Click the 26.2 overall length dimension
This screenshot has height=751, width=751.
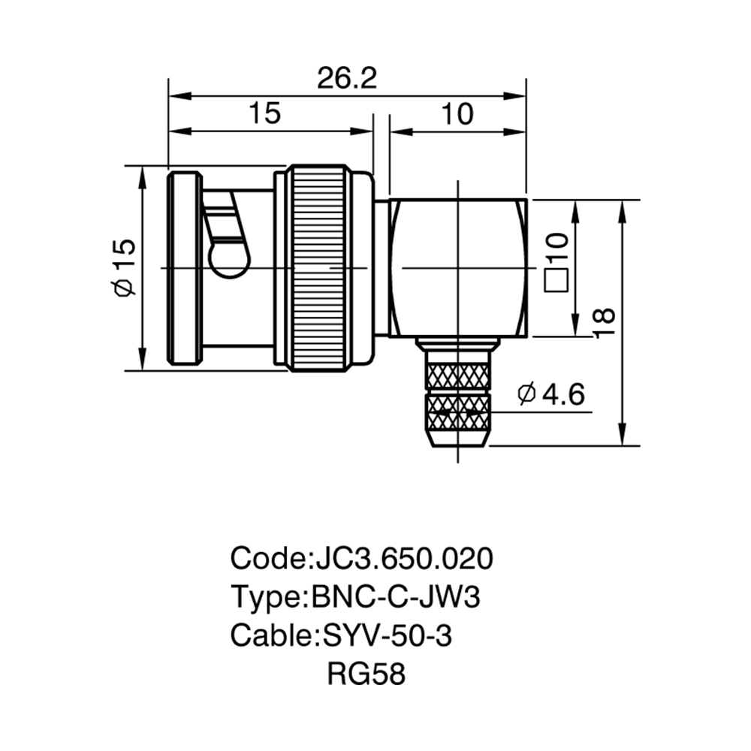(x=347, y=79)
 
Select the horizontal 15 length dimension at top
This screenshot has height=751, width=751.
(x=265, y=113)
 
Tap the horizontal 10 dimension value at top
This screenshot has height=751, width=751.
(x=457, y=114)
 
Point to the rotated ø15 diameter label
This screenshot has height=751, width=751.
(x=125, y=267)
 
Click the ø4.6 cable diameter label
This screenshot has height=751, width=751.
(x=551, y=394)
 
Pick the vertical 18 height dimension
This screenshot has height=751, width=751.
(x=604, y=323)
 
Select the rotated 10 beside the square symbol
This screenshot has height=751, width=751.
(x=556, y=246)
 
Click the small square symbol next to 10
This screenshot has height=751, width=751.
(x=556, y=279)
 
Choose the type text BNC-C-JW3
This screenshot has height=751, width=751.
(x=396, y=597)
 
